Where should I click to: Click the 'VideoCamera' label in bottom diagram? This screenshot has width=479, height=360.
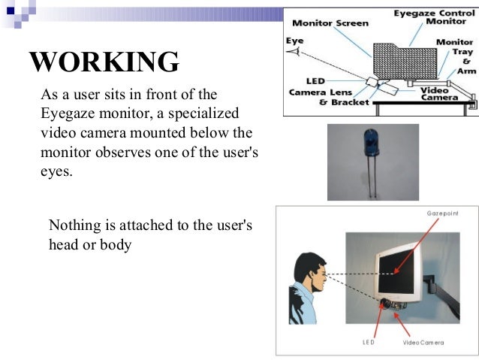coord(423,342)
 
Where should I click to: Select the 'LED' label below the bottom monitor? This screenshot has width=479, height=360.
coord(369,342)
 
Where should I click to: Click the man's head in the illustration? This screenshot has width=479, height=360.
coord(307,271)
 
